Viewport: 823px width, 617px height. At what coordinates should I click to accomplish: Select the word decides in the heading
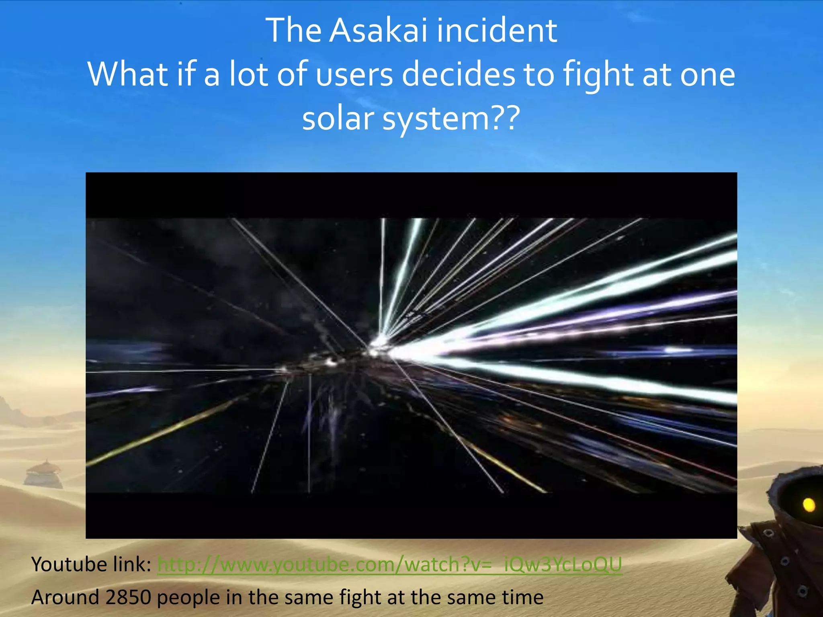[458, 75]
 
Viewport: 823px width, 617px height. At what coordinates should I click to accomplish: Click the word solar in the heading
[338, 119]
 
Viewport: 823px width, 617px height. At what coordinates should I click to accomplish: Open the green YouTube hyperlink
[389, 564]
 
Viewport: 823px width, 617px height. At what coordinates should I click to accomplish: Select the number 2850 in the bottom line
[128, 597]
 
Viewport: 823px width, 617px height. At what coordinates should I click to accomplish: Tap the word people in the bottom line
[188, 597]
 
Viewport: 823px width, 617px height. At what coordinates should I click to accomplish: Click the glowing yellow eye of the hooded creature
[809, 505]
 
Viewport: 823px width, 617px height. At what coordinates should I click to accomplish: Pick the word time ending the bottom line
[523, 597]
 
